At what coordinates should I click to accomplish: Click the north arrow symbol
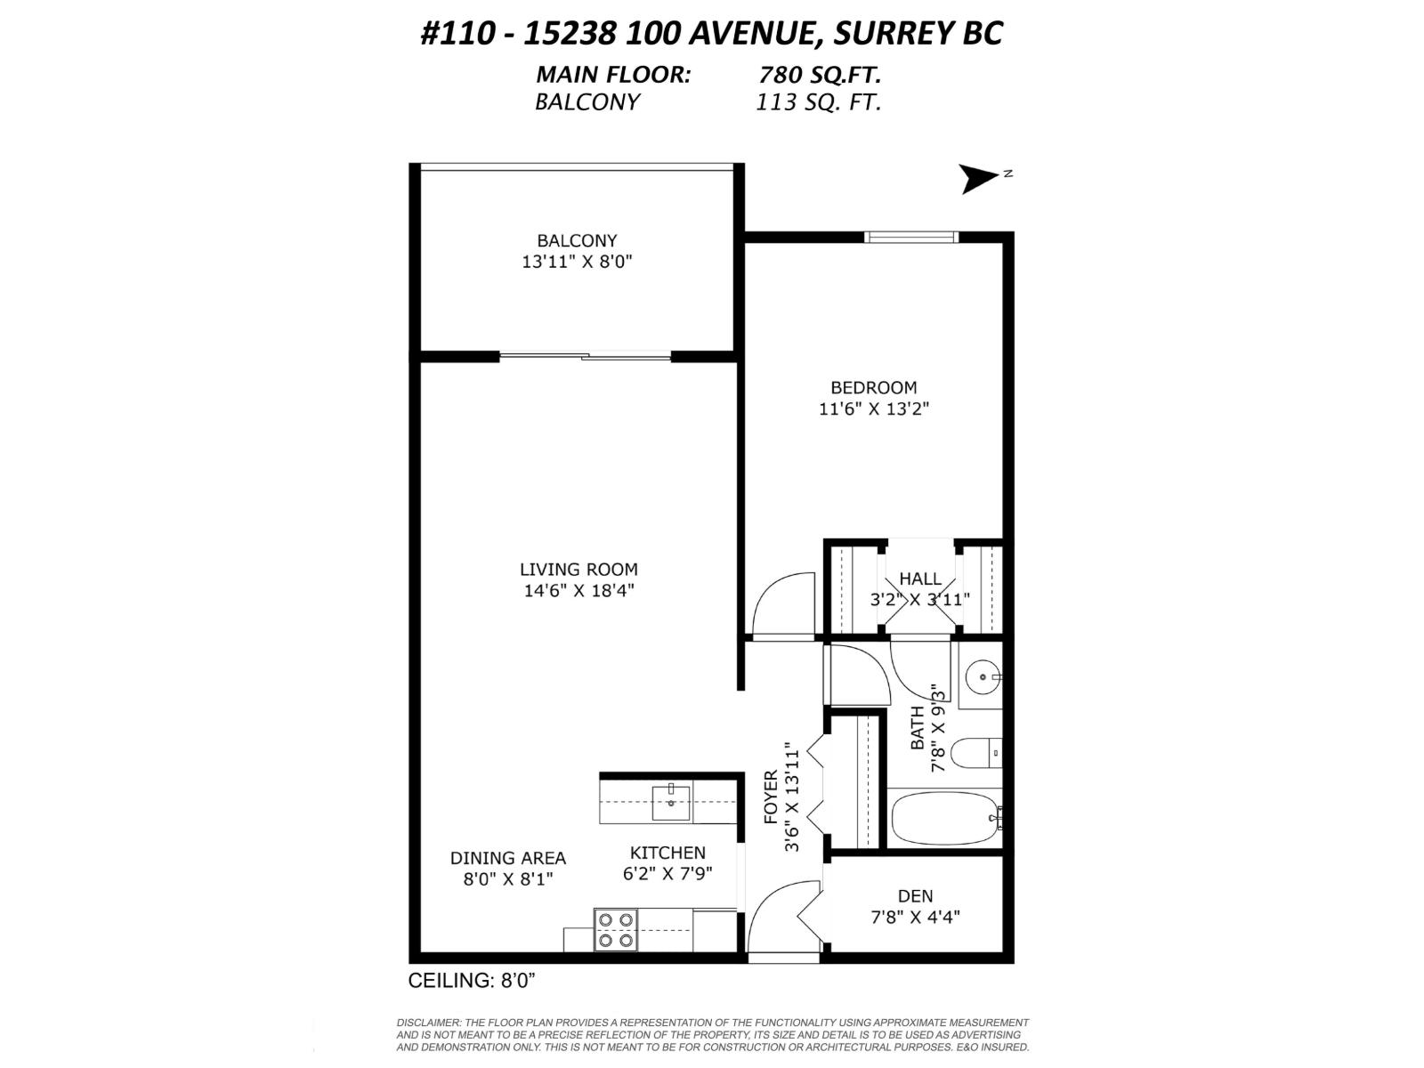coord(979,179)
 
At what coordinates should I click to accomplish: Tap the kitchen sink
coord(671,803)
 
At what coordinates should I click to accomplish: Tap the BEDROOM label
coord(873,388)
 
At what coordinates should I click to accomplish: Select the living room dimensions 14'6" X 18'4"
coord(578,591)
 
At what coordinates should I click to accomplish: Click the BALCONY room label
coord(577,240)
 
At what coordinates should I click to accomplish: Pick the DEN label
coord(915,896)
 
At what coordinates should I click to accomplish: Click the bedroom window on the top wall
coord(910,237)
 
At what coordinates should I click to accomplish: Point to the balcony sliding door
coord(585,357)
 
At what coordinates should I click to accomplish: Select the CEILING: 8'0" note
coord(471,981)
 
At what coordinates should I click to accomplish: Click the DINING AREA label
coord(507,858)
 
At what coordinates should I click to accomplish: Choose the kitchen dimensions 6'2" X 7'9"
coord(667,874)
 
